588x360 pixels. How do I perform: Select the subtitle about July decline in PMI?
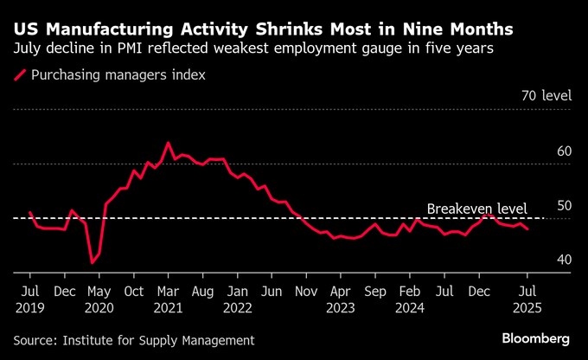253,49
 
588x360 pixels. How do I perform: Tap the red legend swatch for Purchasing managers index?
19,75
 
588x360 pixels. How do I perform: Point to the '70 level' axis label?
546,96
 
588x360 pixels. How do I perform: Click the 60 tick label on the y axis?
565,151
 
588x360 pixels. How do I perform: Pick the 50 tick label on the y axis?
565,205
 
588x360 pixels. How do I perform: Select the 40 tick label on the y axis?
565,260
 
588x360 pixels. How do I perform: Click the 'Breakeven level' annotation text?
476,209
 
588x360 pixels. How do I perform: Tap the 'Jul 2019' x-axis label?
30,299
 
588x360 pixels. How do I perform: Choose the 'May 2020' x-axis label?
100,299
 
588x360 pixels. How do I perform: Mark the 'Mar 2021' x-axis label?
168,299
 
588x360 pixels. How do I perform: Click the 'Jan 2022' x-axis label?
237,299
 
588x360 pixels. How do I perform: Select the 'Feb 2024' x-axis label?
410,299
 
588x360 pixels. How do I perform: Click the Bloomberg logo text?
536,337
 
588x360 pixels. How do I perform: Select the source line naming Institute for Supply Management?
134,340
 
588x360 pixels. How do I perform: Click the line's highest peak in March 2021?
168,143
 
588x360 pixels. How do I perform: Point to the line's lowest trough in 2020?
93,261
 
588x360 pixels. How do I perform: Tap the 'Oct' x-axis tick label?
134,291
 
